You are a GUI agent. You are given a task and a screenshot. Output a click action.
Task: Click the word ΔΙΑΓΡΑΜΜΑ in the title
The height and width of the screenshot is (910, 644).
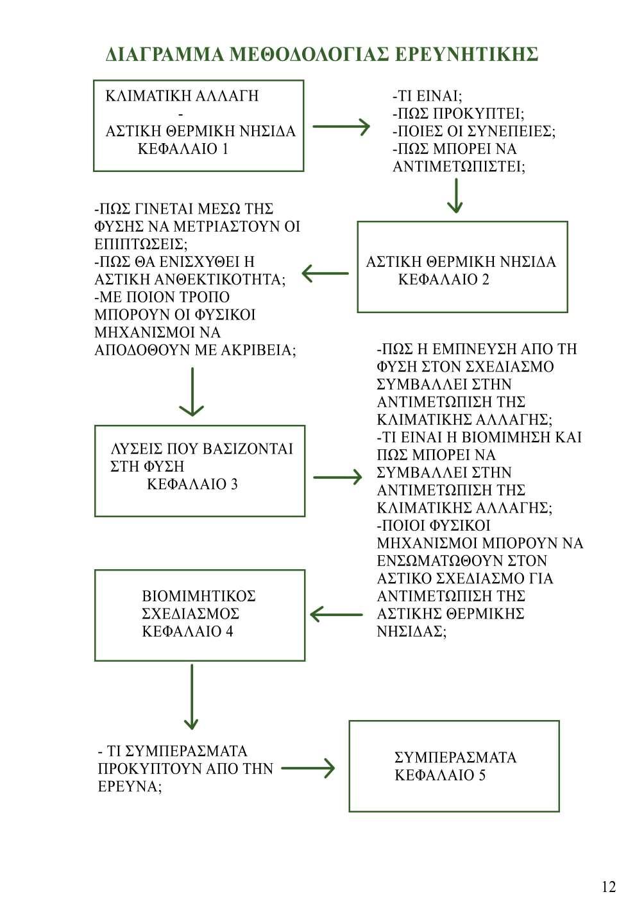pos(164,55)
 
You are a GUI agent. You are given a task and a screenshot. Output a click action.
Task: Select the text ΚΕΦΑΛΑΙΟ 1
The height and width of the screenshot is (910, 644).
pos(183,150)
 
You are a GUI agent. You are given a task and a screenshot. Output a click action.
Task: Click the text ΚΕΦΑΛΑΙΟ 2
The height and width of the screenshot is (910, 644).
pos(444,280)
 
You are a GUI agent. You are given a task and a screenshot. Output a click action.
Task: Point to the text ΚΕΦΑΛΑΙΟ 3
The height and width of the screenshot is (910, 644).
pos(192,484)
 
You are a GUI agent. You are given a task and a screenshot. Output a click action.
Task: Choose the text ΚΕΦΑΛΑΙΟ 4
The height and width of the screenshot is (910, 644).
pos(187,631)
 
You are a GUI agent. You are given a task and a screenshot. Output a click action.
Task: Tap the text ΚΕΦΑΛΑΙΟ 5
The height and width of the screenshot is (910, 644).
pos(440,775)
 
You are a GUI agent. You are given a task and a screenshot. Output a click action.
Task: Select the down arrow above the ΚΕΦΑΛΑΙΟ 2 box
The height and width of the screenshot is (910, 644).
pos(455,196)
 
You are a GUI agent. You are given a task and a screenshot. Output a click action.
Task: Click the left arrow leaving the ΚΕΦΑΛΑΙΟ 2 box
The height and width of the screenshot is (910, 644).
pos(325,274)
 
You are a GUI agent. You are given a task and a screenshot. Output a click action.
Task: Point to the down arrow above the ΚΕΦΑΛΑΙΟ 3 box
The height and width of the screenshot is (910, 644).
pos(192,391)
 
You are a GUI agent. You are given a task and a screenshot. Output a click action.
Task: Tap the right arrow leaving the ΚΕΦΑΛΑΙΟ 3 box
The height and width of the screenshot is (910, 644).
pos(337,477)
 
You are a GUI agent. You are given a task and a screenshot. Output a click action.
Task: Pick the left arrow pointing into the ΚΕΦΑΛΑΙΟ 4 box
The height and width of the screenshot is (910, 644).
pos(336,614)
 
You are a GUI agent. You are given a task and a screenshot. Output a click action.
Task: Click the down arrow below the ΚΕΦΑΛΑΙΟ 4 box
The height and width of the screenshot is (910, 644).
pos(192,696)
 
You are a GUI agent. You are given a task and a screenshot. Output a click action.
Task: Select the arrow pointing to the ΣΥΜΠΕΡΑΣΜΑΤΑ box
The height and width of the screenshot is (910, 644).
pos(309,768)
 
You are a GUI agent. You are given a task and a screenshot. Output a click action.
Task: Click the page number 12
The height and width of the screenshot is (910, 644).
pos(609,887)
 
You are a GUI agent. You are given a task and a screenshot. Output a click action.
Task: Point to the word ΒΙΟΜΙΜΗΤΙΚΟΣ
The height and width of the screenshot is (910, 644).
pos(199,596)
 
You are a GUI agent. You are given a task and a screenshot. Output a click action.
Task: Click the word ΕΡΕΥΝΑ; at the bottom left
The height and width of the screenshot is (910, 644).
pos(130,786)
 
